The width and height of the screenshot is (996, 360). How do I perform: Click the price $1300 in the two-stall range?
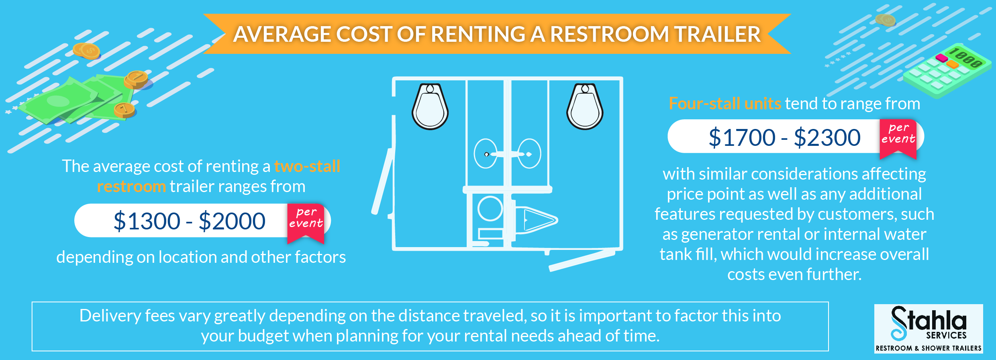coord(147,221)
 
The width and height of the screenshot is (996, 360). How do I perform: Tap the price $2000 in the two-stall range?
coord(232,221)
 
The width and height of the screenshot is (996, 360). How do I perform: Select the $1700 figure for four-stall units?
coord(742,137)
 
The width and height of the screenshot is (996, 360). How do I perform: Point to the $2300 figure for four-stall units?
coord(827,137)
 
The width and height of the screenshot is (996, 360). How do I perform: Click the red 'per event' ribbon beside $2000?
coord(306,222)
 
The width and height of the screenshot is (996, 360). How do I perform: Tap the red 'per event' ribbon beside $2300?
coord(898,138)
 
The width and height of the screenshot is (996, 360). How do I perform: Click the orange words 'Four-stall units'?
coord(725,104)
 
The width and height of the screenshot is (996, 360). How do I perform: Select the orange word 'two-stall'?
coord(307,166)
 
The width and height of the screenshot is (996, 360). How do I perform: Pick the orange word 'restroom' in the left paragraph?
coord(131,186)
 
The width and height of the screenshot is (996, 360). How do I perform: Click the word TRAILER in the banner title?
coord(717,34)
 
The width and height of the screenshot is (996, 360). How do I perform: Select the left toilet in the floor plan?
coord(430,106)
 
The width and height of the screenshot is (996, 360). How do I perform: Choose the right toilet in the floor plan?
coord(585,106)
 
